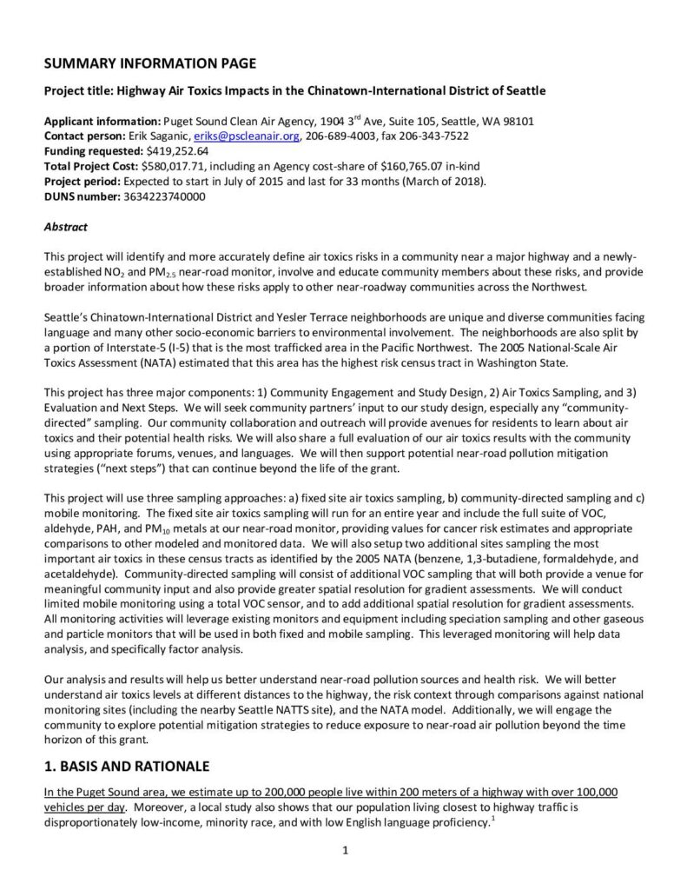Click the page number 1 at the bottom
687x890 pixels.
click(345, 850)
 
